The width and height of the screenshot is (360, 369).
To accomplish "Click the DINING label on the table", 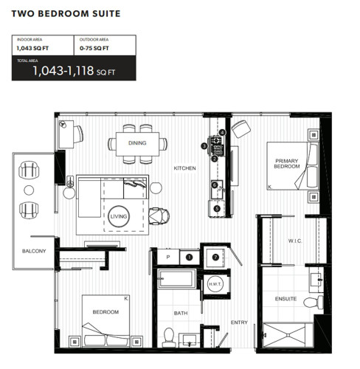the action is (137, 143).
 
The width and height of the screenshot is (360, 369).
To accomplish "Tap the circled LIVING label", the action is (119, 216).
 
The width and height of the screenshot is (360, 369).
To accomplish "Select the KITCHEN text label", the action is (184, 168).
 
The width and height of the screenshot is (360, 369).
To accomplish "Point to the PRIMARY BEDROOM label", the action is (287, 164).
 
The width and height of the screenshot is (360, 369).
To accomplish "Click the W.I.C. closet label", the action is (295, 241).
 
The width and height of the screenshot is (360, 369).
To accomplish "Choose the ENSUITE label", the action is (285, 299).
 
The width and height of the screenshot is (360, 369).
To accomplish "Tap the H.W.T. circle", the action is (215, 284).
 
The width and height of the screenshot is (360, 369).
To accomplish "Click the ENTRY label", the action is (239, 323).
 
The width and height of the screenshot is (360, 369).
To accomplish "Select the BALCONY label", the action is (34, 251).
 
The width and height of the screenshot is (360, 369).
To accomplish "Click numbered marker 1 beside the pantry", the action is (189, 258).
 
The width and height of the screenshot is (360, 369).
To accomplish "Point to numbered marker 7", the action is (215, 258).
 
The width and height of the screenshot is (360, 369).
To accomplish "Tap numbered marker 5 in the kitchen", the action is (217, 209).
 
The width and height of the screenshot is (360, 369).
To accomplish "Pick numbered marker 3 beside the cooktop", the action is (204, 146).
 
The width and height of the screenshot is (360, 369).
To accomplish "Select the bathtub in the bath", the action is (177, 279).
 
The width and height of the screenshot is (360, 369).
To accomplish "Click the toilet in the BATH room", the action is (169, 337).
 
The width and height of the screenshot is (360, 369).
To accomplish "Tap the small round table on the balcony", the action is (29, 190).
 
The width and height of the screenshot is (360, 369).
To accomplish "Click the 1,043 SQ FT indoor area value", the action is (32, 48).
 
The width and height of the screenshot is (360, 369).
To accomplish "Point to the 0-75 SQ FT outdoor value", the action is (94, 48).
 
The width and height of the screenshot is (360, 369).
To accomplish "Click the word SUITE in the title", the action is (106, 13).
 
